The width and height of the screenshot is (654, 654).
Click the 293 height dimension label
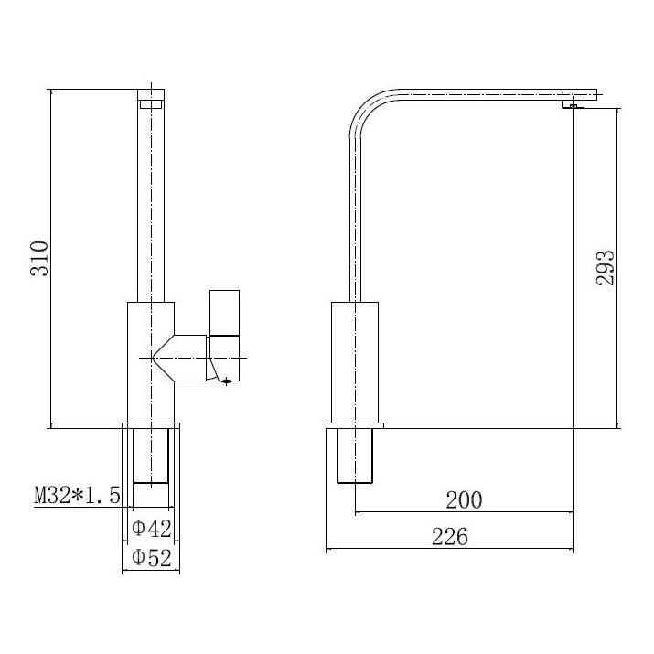605,267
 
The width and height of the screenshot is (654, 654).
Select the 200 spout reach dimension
463,499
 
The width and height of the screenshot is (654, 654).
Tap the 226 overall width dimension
449,537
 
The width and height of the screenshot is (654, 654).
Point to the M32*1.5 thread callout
78,497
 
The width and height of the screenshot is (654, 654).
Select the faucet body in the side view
353,362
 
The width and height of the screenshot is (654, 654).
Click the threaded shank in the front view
152,455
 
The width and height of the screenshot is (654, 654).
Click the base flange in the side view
356,427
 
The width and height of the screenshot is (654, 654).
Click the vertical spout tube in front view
151,201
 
